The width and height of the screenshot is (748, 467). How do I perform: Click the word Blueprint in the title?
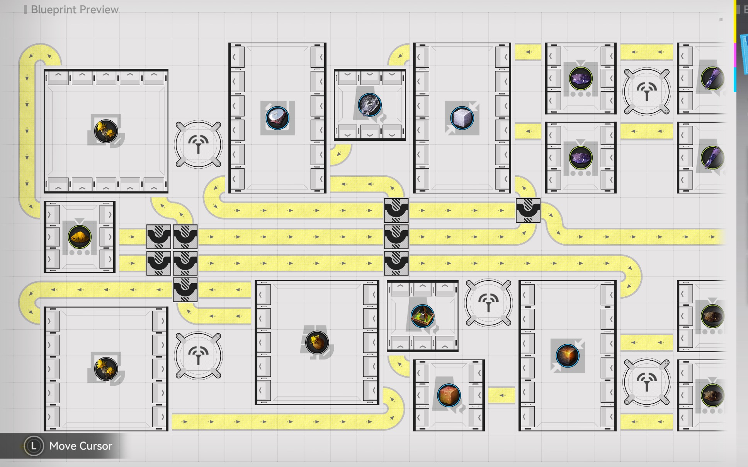(53, 10)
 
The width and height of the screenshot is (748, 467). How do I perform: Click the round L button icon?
(34, 446)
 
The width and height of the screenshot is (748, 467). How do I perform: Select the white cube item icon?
(462, 118)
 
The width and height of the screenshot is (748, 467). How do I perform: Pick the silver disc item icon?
(277, 118)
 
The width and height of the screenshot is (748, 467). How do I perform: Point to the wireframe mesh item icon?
(369, 105)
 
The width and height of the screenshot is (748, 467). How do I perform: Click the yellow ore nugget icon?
(80, 237)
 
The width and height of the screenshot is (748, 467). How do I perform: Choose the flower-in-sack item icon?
(317, 342)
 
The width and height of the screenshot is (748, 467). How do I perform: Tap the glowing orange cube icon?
(567, 356)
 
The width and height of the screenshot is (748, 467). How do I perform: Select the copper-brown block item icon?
(449, 395)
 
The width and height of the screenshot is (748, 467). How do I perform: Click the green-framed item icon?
(422, 316)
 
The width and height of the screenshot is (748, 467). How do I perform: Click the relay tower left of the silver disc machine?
(198, 144)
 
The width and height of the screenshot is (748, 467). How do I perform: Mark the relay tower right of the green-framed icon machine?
(488, 303)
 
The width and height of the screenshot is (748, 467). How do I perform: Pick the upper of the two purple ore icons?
(580, 79)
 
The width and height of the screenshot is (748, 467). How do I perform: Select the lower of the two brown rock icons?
(712, 395)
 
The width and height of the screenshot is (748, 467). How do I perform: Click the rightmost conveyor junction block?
(528, 210)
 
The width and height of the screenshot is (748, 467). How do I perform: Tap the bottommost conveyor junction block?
(185, 290)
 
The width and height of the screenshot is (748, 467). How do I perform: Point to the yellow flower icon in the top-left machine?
(106, 131)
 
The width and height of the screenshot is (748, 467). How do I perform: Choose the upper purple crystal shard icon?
(712, 79)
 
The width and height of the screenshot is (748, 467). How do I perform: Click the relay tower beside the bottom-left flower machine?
(198, 356)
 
